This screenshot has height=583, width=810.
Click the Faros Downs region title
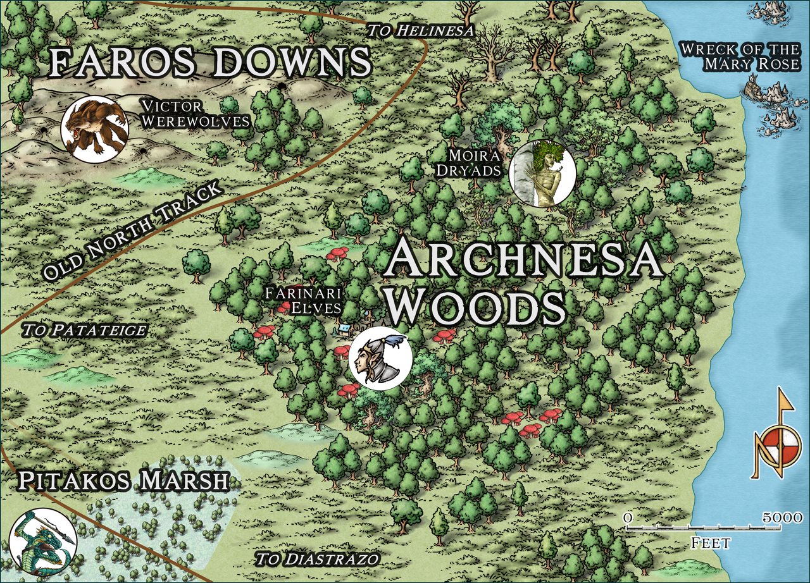[x=209, y=63]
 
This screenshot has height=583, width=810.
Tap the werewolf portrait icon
[x=94, y=130]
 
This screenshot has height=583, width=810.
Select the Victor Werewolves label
[x=195, y=113]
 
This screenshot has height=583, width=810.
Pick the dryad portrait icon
[x=542, y=173]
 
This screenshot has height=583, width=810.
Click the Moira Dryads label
[x=475, y=163]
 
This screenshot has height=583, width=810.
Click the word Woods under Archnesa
[x=476, y=307]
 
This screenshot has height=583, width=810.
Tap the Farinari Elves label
[x=303, y=300]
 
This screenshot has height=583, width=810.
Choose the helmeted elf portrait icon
[x=380, y=358]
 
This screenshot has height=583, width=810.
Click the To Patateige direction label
[x=84, y=330]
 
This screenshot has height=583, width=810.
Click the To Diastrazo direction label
[x=317, y=559]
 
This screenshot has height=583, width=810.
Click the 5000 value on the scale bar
[x=783, y=518]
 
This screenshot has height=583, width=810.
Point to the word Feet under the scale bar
[x=711, y=543]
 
